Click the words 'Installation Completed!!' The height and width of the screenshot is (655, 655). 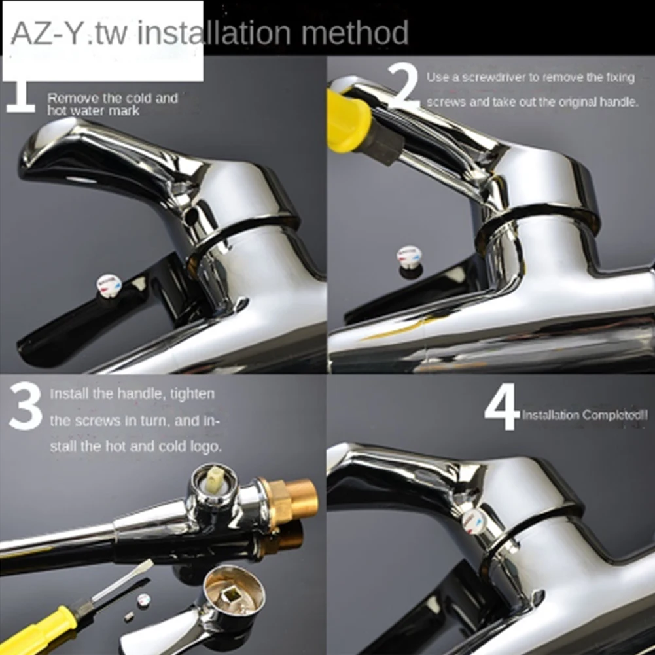584,415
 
